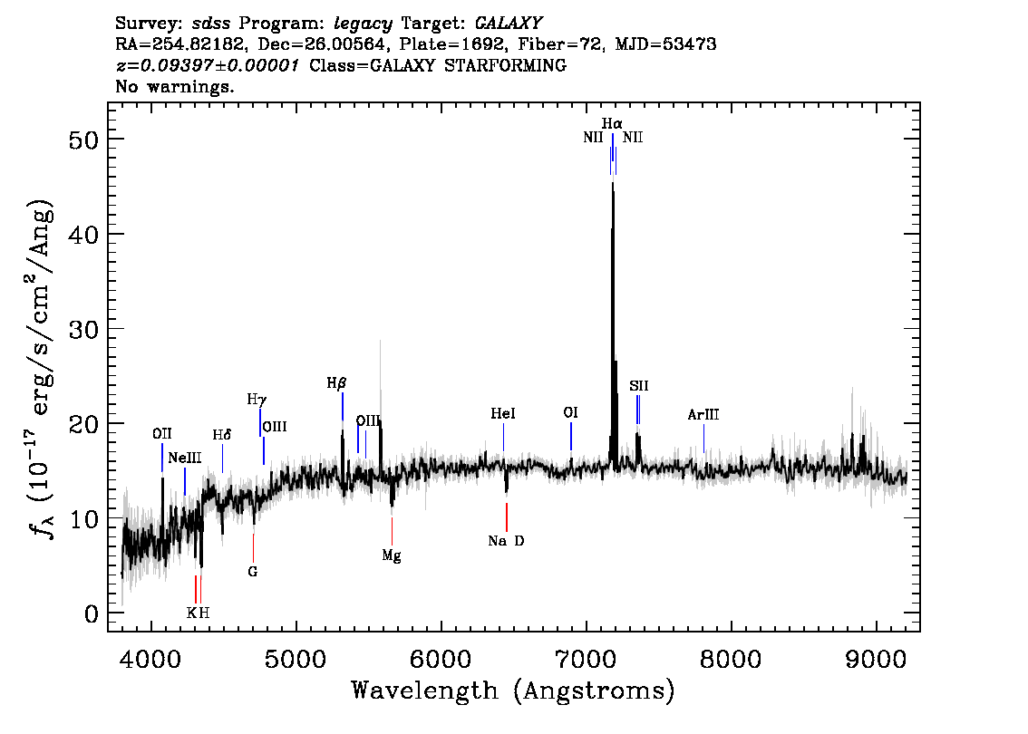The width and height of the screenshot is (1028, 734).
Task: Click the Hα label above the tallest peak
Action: pyautogui.click(x=612, y=123)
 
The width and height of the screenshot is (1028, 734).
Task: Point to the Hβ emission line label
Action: pyautogui.click(x=336, y=382)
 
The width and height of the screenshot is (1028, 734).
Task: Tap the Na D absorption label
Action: pyautogui.click(x=506, y=541)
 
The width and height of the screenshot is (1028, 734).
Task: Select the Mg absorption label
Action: pyautogui.click(x=392, y=555)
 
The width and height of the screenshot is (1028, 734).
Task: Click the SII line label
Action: pyautogui.click(x=638, y=386)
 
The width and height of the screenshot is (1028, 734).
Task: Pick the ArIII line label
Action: pyautogui.click(x=703, y=414)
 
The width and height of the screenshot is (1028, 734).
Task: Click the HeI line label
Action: pyautogui.click(x=503, y=413)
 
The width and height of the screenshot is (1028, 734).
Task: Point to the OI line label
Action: pyautogui.click(x=570, y=412)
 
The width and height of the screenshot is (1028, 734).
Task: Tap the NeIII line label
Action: pyautogui.click(x=184, y=458)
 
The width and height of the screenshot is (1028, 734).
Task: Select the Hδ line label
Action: pyautogui.click(x=221, y=435)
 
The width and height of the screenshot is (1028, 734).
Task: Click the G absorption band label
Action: pyautogui.click(x=252, y=572)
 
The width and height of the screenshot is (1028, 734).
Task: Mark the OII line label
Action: pyautogui.click(x=162, y=434)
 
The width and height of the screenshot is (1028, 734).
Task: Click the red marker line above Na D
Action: pyautogui.click(x=507, y=517)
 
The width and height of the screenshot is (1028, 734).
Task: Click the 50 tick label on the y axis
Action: pyautogui.click(x=83, y=140)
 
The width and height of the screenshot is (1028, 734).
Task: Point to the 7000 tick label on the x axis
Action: pyautogui.click(x=587, y=660)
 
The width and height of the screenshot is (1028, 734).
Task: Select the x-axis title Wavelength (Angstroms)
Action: pyautogui.click(x=513, y=691)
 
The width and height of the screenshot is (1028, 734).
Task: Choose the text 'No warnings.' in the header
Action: pyautogui.click(x=174, y=86)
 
